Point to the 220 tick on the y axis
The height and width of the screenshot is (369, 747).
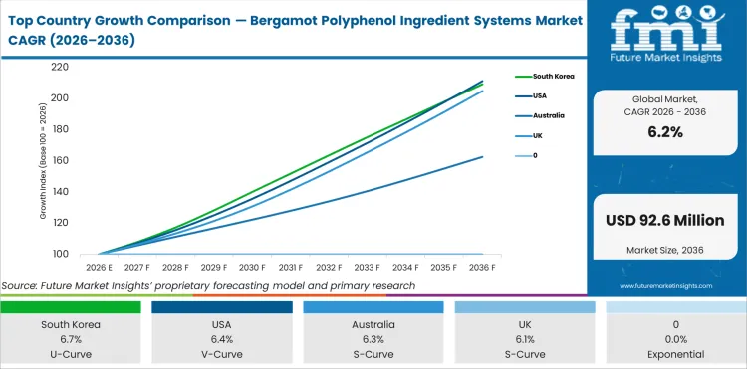tap(60, 67)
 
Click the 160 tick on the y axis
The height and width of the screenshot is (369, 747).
tap(60, 160)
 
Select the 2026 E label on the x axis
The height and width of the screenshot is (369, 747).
tap(99, 267)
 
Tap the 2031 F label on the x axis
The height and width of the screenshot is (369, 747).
tap(291, 267)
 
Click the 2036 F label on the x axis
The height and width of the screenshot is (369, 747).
tap(483, 267)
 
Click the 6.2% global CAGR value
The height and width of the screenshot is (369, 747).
tap(665, 131)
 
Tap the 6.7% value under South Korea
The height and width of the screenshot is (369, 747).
tap(70, 339)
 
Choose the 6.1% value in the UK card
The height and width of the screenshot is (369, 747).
tap(524, 339)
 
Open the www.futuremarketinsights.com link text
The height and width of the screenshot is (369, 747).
tap(665, 286)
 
